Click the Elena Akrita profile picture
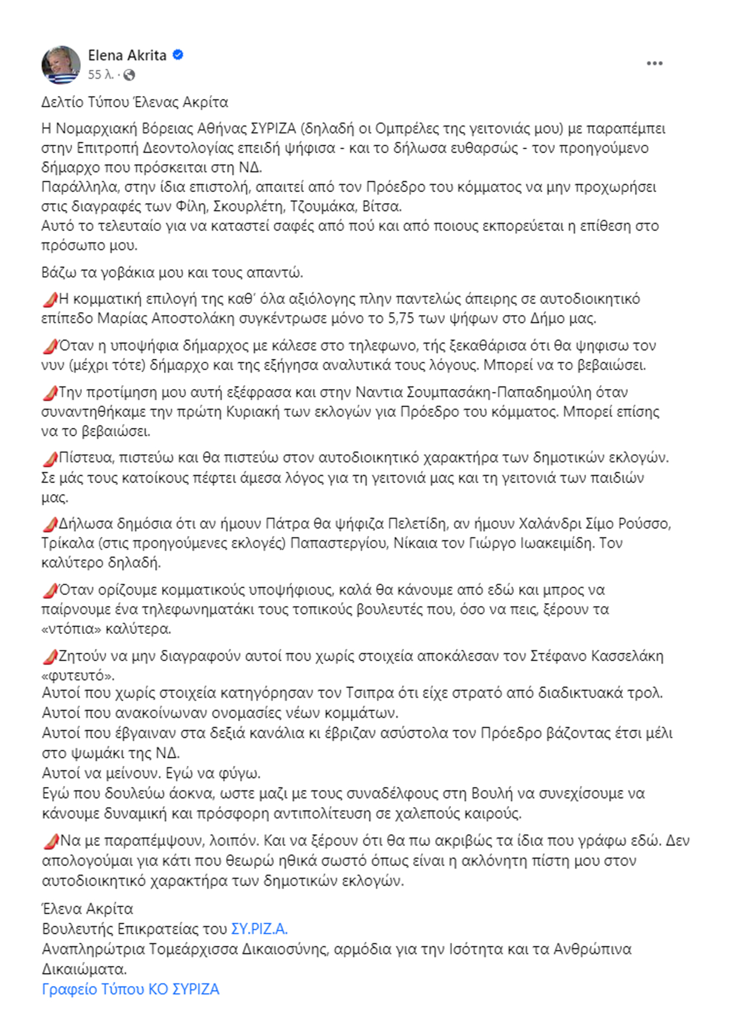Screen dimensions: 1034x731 [x=61, y=64]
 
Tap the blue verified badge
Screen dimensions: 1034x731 [x=178, y=55]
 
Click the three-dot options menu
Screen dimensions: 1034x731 [x=654, y=63]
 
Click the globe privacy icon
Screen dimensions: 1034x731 [x=129, y=75]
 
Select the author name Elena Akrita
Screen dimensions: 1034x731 [x=127, y=55]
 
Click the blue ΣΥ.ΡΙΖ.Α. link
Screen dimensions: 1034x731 [x=259, y=929]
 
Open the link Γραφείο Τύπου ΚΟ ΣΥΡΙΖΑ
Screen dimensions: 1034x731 [x=131, y=989]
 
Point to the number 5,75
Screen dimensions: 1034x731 [x=401, y=318]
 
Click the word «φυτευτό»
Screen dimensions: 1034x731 [x=78, y=675]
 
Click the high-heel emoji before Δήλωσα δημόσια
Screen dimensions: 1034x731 [x=50, y=524]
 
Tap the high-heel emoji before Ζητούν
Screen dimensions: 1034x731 [x=50, y=657]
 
